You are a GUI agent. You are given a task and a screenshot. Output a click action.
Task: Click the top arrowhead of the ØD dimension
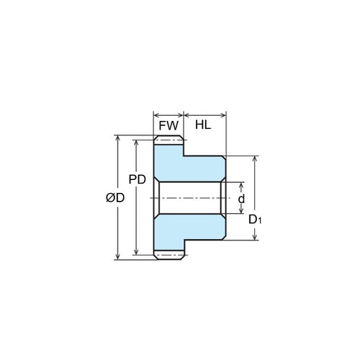[x=116, y=137]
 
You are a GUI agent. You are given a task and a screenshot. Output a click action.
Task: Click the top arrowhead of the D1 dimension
[x=254, y=158]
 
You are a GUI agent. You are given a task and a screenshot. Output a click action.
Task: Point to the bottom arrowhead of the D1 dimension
[x=254, y=238]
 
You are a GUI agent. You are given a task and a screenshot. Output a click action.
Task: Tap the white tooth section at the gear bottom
[x=170, y=253]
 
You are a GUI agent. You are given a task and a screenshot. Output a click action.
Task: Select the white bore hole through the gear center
[x=189, y=198]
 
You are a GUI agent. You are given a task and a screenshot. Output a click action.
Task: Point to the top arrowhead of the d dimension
[x=240, y=184]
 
